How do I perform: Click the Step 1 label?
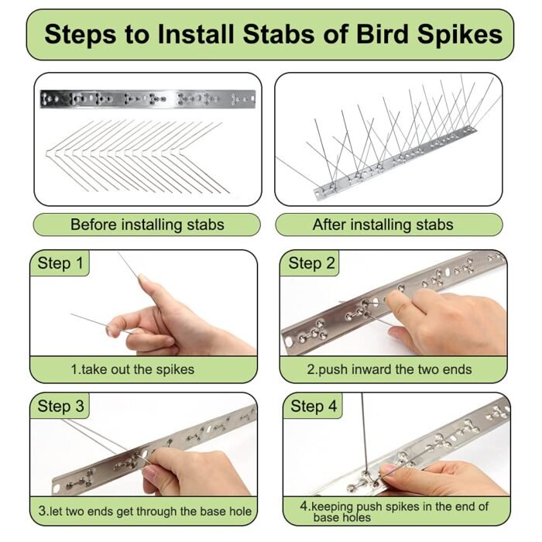tap(60, 263)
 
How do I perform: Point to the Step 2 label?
tap(311, 263)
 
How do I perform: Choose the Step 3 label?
tap(61, 406)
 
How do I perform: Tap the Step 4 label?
tap(314, 406)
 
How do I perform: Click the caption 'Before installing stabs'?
tap(147, 225)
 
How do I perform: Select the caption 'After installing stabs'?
tap(383, 225)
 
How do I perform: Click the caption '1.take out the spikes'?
tap(132, 369)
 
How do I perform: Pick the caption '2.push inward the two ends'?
tap(389, 369)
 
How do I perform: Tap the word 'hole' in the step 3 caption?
tap(239, 511)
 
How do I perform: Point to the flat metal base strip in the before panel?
tap(148, 99)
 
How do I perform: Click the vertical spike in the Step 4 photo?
tap(363, 433)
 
